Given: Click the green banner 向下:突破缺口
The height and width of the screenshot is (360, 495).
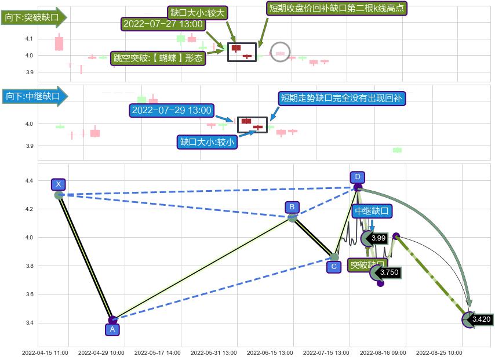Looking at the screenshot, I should pyautogui.click(x=34, y=17).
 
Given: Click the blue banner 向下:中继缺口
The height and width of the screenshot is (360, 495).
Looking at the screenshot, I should pyautogui.click(x=34, y=96).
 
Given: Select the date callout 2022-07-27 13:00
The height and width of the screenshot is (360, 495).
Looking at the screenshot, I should pyautogui.click(x=162, y=24).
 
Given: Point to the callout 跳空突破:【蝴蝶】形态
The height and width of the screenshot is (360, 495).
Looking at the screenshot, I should pyautogui.click(x=158, y=57).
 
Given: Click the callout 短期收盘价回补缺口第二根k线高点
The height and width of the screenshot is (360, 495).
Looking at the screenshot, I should pyautogui.click(x=337, y=8).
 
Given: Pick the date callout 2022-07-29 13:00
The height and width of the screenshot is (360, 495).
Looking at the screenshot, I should pyautogui.click(x=172, y=110).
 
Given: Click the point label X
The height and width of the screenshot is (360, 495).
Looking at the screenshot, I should pyautogui.click(x=58, y=184).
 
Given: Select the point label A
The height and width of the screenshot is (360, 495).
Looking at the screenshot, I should pyautogui.click(x=112, y=329).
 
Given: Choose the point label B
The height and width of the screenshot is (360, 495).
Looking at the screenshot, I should pyautogui.click(x=292, y=207).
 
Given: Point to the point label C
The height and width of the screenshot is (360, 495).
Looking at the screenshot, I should pyautogui.click(x=333, y=267).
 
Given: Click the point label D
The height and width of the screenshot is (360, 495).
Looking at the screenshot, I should pyautogui.click(x=358, y=177).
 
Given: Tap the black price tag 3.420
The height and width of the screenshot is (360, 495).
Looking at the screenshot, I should pyautogui.click(x=481, y=319).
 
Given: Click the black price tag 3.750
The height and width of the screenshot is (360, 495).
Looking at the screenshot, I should pyautogui.click(x=389, y=272).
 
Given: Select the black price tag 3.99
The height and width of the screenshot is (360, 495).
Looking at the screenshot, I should pyautogui.click(x=378, y=238).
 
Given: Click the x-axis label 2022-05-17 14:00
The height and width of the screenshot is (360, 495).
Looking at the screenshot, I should pyautogui.click(x=157, y=352).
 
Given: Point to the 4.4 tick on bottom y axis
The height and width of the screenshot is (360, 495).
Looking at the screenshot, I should pyautogui.click(x=29, y=181).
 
